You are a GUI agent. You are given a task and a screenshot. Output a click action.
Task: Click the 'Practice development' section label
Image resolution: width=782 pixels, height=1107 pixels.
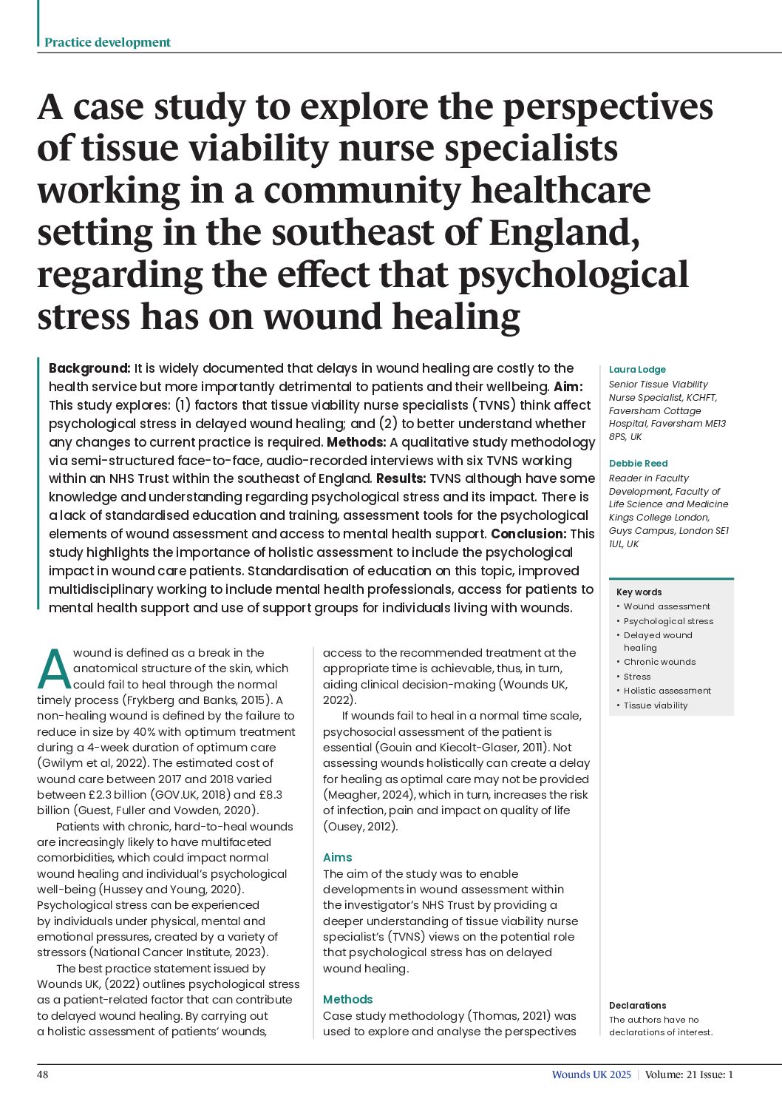[107, 43]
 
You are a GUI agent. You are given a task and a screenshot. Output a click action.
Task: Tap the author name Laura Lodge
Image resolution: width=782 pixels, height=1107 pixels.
[637, 370]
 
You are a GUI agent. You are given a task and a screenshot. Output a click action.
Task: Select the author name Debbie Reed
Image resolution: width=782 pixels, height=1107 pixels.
[638, 464]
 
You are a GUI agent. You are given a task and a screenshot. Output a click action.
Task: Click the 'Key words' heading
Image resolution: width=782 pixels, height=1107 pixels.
[639, 592]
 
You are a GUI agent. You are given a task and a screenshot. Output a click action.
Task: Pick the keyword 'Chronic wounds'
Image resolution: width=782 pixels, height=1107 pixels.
[659, 663]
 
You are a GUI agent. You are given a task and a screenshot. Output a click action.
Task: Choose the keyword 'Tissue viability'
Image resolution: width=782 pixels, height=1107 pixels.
[656, 705]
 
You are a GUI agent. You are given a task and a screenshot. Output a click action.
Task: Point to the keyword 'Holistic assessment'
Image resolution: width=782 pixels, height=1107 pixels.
[667, 691]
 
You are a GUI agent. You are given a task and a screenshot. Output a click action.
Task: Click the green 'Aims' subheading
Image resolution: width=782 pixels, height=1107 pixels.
[337, 858]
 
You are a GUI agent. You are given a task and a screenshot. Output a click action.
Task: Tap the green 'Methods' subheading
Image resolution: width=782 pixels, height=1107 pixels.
[347, 1000]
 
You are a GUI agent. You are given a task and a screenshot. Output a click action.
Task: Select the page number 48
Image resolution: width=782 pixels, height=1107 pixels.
[43, 1074]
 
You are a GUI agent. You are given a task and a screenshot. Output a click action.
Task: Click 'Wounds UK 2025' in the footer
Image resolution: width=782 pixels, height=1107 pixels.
[591, 1074]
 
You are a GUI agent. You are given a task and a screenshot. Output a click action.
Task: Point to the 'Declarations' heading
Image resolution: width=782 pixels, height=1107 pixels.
[637, 1006]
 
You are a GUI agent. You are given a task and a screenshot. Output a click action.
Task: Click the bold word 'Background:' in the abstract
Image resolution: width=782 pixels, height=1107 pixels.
[89, 368]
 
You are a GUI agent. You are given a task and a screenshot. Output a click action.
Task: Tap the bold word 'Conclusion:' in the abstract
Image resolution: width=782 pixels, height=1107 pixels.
[528, 534]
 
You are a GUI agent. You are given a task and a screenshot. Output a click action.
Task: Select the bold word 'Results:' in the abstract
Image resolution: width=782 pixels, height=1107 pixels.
[401, 478]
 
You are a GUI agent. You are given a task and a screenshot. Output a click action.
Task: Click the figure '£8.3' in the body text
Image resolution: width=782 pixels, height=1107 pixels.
[269, 795]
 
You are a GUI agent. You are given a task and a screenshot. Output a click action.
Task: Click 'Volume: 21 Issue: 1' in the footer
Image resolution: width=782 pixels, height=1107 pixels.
[689, 1074]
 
